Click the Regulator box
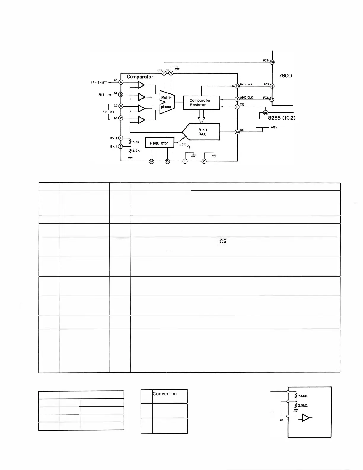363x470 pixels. (159, 143)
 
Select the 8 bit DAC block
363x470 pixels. (203, 132)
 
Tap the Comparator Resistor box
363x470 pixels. (201, 103)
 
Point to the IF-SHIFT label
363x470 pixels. (99, 82)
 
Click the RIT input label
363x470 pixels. (102, 95)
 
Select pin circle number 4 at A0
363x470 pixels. (121, 82)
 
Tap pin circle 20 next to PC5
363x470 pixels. (272, 62)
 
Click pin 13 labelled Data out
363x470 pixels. (237, 86)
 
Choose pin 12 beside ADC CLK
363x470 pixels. (237, 99)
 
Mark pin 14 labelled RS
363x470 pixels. (237, 132)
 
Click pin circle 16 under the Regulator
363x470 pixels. (152, 161)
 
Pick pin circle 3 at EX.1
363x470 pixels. (120, 146)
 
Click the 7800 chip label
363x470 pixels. (285, 76)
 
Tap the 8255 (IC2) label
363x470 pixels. (282, 118)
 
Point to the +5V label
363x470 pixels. (274, 127)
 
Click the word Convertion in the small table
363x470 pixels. (165, 394)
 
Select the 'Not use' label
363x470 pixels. (108, 112)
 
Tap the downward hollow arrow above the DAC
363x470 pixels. (201, 116)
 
